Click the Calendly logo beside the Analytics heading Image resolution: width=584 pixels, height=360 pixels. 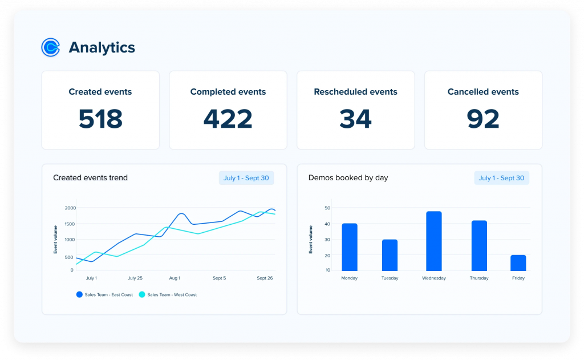pos(51,47)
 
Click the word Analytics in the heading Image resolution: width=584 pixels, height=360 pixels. pos(102,48)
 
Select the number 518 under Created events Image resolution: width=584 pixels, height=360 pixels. pos(100,119)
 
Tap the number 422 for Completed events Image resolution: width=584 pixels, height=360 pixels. pos(228,119)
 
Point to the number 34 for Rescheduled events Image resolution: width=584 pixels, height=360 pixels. pos(355,119)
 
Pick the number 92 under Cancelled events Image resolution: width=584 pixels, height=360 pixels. pos(483,119)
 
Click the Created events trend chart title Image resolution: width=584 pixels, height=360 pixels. pos(90,178)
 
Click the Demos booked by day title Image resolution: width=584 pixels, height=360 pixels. pos(348,178)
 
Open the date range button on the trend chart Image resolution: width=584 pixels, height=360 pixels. pos(246,178)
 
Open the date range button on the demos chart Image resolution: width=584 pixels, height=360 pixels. pos(501,178)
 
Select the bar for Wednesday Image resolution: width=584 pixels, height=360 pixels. pos(434,241)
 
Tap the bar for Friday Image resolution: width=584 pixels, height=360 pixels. pos(518,263)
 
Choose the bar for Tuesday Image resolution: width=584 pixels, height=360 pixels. pos(390,255)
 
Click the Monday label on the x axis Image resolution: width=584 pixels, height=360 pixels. pos(349,278)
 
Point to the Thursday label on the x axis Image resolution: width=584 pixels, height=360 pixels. pos(479,278)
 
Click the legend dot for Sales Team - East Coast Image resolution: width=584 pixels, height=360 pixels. pos(79,294)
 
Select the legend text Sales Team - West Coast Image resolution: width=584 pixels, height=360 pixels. pos(172,295)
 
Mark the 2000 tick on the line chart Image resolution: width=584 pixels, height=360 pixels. pos(69,208)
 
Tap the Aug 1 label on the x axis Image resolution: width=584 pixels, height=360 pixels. pos(175,278)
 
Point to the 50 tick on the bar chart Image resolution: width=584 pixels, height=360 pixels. pos(327,208)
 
